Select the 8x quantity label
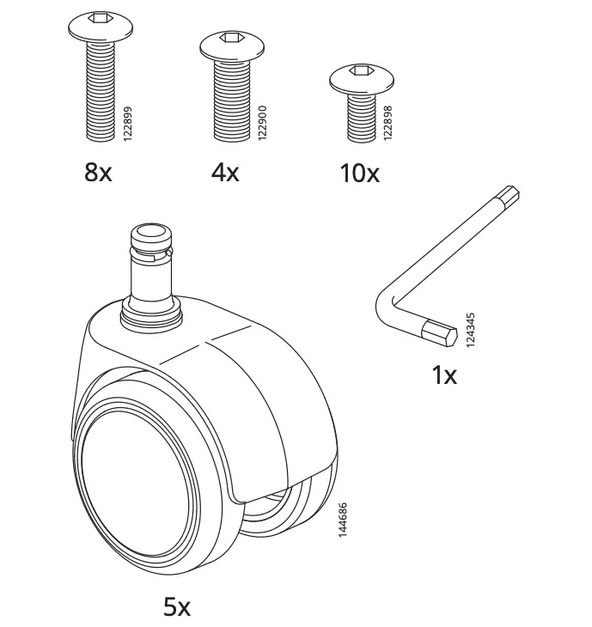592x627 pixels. pyautogui.click(x=98, y=173)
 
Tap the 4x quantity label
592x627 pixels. pyautogui.click(x=225, y=173)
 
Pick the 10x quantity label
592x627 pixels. pyautogui.click(x=359, y=173)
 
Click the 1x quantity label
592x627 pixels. pyautogui.click(x=443, y=375)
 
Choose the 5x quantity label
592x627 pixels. pyautogui.click(x=177, y=607)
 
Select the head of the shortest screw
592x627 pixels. pyautogui.click(x=362, y=79)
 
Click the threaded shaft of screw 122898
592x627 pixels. pyautogui.click(x=362, y=116)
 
